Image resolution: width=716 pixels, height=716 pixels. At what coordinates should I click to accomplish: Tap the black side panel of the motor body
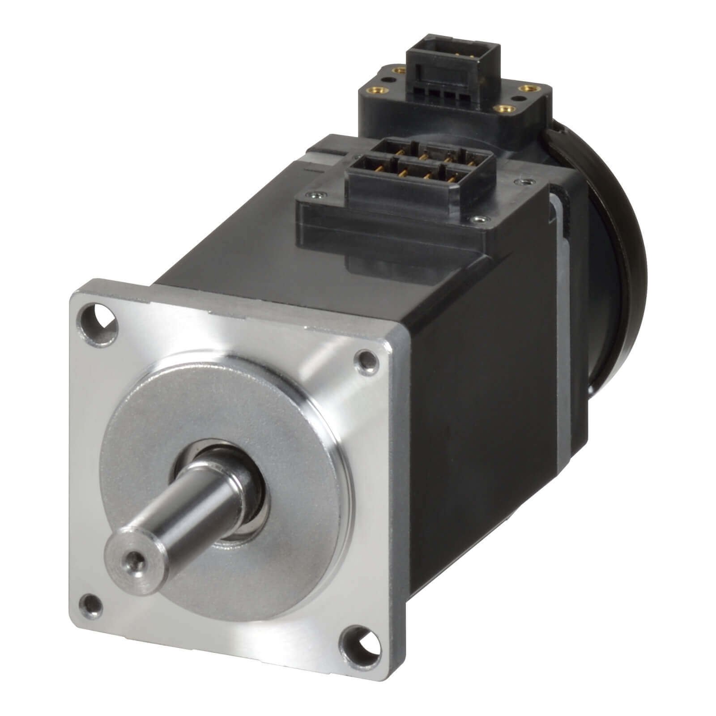(x=483, y=403)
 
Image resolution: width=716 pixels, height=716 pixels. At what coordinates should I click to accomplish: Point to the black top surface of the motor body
(x=251, y=242)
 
